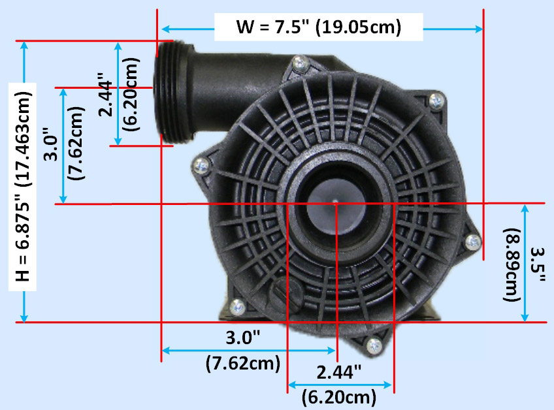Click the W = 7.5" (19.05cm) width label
click(319, 27)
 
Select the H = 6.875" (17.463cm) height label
click(24, 187)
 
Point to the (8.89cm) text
click(512, 265)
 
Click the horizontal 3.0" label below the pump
click(243, 338)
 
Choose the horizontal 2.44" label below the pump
click(338, 372)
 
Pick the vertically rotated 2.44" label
click(105, 95)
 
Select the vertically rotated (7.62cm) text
click(76, 143)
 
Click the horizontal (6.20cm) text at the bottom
click(339, 398)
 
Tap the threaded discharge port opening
click(173, 93)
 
